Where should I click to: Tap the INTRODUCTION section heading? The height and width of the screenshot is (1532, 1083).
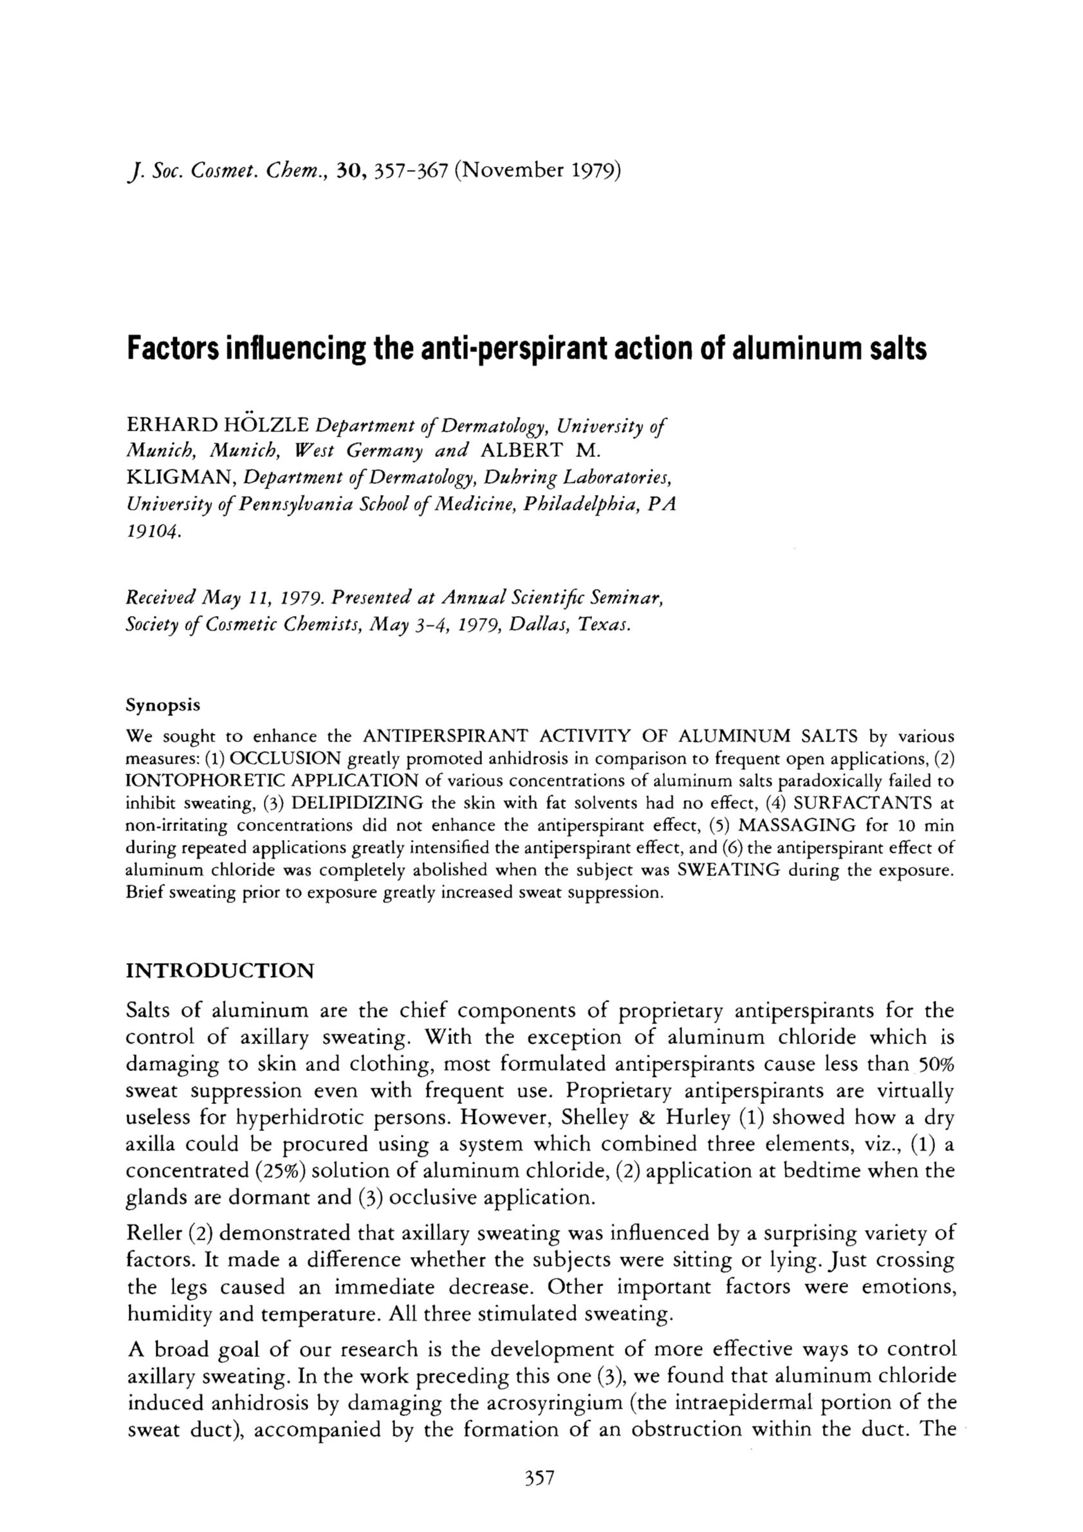click(219, 969)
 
